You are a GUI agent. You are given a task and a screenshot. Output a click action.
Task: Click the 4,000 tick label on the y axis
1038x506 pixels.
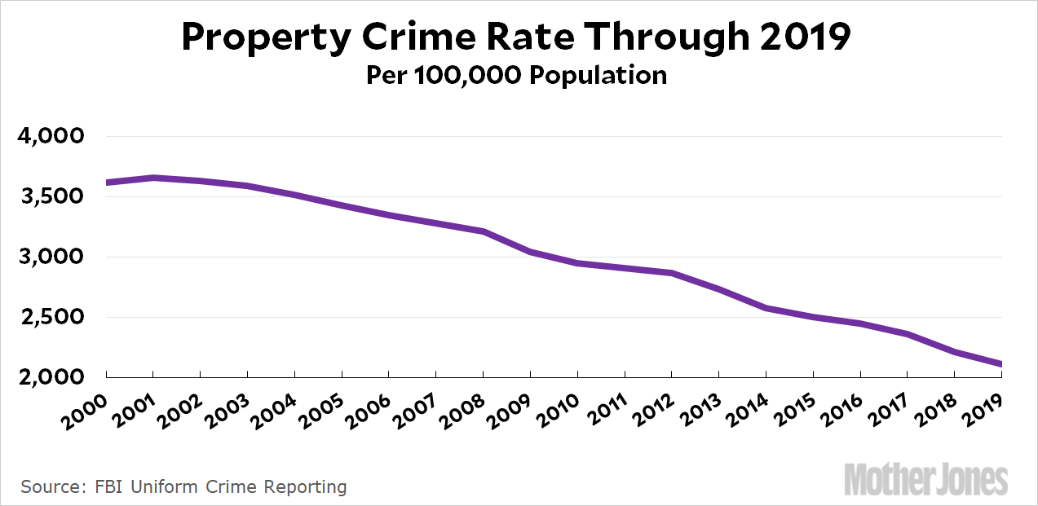(51, 136)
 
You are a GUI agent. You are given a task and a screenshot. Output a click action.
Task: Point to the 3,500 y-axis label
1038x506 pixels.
(51, 196)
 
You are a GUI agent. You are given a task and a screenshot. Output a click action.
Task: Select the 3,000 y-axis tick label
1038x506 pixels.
(51, 257)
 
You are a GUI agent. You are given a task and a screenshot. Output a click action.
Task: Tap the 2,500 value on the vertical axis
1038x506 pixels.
(51, 317)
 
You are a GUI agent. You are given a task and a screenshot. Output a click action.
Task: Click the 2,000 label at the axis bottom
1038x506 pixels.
(51, 377)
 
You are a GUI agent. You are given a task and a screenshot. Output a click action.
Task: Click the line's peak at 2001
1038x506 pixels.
(153, 178)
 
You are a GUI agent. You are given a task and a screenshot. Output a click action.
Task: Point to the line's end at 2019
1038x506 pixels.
(1000, 364)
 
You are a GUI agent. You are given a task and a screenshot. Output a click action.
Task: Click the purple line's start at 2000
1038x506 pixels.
(108, 183)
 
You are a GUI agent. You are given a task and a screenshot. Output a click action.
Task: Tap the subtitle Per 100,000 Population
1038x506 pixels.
(516, 75)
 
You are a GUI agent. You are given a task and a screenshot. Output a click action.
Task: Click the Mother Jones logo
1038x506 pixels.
(925, 480)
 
